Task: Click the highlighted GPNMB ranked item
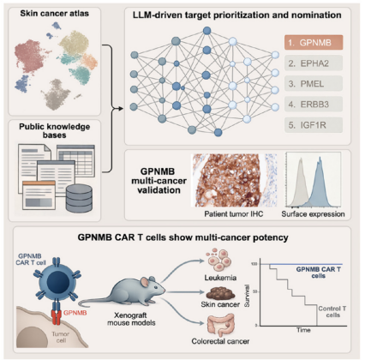coord(314,43)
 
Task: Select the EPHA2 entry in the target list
coord(314,63)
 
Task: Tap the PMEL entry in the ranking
coord(314,84)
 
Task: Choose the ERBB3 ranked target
coord(314,105)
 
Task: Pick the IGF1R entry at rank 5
coord(314,125)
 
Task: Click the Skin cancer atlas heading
coord(55,14)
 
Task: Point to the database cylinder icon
coord(79,198)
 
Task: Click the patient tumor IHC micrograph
coord(235,180)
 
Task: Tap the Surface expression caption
coord(313,214)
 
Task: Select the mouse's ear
coord(145,283)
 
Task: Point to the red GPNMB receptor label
coord(75,313)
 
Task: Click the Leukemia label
coord(220,278)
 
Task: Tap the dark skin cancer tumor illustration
coord(221,293)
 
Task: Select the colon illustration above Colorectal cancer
coord(221,325)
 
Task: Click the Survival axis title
coord(247,296)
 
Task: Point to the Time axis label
coord(303,330)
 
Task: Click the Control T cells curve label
coord(332,312)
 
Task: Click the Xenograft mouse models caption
coord(131,319)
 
